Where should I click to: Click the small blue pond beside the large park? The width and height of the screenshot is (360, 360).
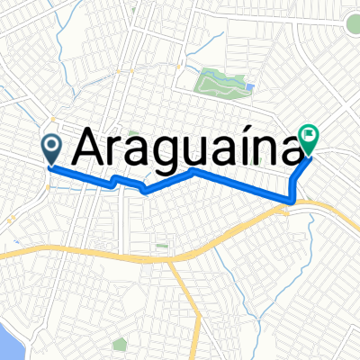[249, 87]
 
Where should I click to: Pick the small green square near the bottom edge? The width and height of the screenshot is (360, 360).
[118, 344]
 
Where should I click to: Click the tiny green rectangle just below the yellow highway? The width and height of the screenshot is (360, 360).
[162, 244]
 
